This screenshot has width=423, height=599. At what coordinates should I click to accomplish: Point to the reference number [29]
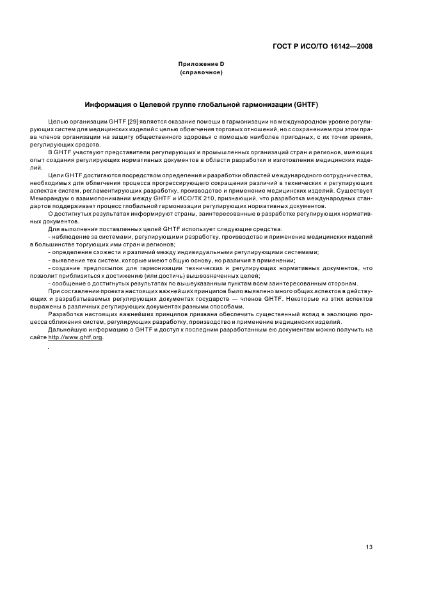coord(134,121)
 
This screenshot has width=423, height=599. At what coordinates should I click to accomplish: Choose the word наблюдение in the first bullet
coord(70,237)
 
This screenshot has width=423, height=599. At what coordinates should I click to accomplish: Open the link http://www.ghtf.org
coord(76,338)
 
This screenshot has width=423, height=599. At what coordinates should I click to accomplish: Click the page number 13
coord(369,529)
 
